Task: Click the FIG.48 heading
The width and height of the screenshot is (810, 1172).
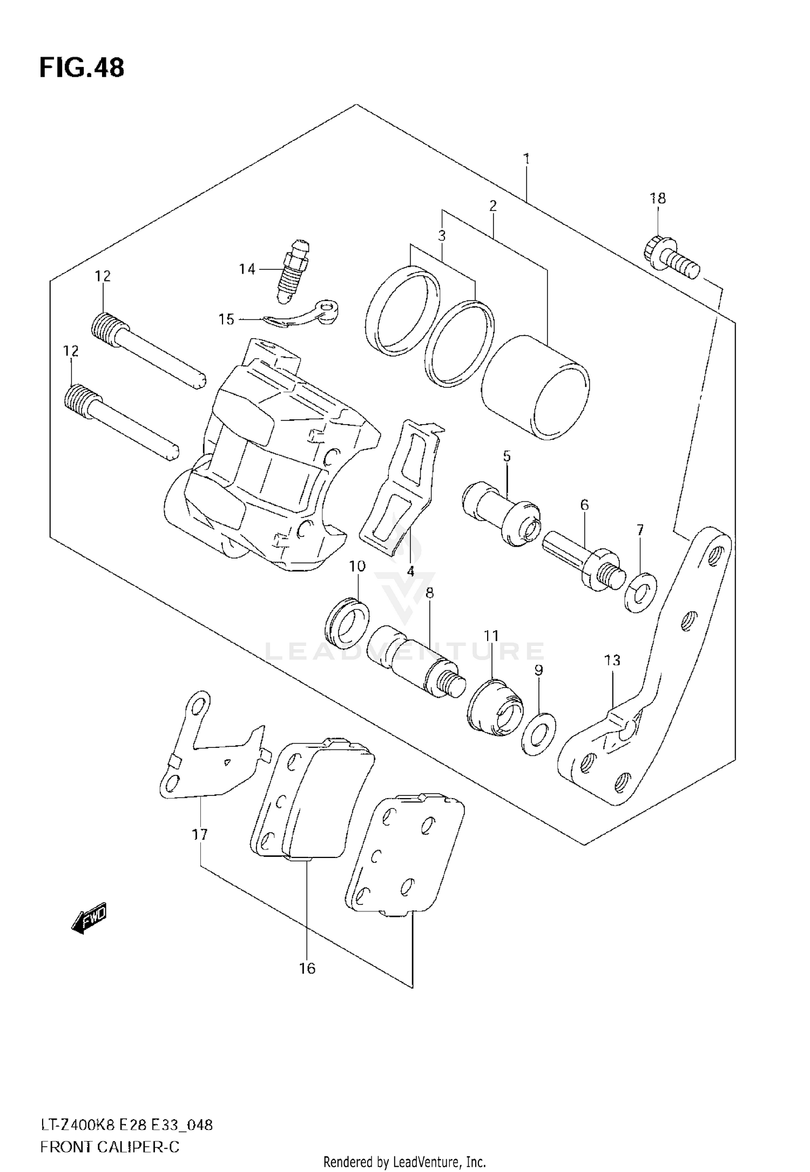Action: (x=82, y=69)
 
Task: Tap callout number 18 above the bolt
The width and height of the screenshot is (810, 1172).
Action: (x=657, y=199)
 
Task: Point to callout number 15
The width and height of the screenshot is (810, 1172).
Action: (x=227, y=319)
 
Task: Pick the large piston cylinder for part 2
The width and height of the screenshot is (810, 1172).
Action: (x=535, y=388)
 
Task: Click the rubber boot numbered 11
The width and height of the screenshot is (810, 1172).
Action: (x=495, y=706)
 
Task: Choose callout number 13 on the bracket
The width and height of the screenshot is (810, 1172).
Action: (x=612, y=660)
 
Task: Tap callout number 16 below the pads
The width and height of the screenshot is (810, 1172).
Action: (x=307, y=969)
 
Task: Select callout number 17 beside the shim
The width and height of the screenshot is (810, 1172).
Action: (x=199, y=835)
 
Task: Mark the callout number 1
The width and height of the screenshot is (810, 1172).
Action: (x=526, y=159)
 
